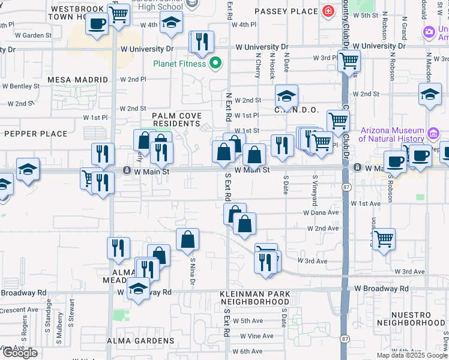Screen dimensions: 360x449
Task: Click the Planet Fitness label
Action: pyautogui.click(x=179, y=64)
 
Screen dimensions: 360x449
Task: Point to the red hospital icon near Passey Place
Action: pyautogui.click(x=328, y=11)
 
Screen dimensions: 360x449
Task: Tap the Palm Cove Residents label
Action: pyautogui.click(x=176, y=119)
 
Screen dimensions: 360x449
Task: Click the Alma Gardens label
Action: pyautogui.click(x=140, y=341)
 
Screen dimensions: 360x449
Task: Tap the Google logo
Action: pyautogui.click(x=20, y=353)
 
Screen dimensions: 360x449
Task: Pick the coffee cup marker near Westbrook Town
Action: pyautogui.click(x=96, y=24)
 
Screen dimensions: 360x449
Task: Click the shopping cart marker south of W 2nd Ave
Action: pyautogui.click(x=383, y=239)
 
